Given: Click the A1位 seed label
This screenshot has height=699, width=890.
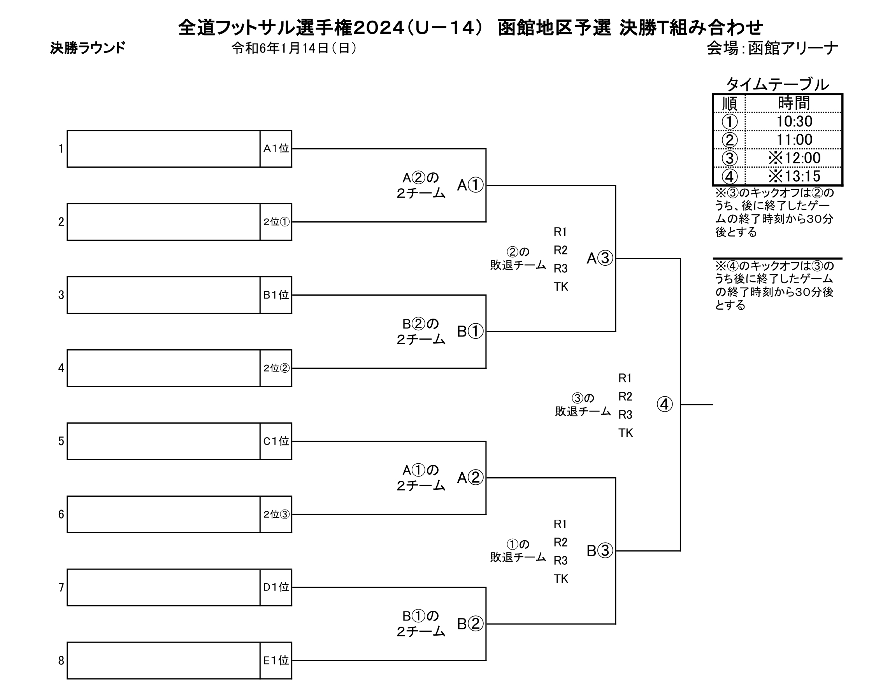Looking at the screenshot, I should point(276,149).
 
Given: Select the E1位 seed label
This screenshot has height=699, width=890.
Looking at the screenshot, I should point(276,660).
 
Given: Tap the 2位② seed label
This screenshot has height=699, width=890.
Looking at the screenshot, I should point(276,368).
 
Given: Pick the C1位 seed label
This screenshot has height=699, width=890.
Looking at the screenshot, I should point(276,441).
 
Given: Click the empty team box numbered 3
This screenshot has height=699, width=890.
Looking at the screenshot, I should point(163,295).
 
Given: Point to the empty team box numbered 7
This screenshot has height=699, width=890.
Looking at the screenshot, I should point(163,587).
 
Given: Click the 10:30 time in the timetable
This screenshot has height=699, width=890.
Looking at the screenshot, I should point(794,121).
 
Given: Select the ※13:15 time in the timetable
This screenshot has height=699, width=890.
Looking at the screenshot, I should point(794,176).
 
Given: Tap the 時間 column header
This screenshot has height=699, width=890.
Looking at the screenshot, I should point(794,103).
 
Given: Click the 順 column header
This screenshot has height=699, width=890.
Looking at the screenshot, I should point(729,103).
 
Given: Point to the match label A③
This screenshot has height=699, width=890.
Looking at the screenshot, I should point(600,258).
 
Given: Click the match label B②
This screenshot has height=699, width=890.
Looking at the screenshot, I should point(470,624).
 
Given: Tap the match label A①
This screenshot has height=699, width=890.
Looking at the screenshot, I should point(470,185).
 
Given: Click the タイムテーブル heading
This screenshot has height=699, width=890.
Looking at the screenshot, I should point(777,85).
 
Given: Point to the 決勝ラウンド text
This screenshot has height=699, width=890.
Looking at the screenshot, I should point(88,48).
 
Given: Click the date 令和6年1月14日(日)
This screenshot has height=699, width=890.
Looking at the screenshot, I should point(294,48).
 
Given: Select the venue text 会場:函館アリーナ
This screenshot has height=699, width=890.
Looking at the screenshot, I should point(772,48).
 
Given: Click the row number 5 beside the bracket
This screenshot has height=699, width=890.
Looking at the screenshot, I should point(61,441).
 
